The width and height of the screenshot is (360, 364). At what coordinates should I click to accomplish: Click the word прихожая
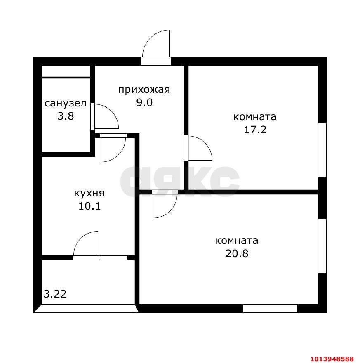144,90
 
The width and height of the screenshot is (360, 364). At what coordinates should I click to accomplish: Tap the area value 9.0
144,103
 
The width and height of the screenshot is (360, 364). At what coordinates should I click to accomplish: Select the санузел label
66,104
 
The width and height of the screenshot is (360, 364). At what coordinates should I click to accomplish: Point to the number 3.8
66,116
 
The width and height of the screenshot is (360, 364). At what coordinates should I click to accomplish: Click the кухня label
89,193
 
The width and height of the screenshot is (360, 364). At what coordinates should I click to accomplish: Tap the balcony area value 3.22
55,294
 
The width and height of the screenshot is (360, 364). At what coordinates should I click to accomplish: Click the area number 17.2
255,130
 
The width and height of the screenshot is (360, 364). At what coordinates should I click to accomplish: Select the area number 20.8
237,253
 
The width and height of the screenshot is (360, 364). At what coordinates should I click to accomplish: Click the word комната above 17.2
255,117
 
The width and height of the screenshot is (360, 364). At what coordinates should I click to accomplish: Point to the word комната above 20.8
237,241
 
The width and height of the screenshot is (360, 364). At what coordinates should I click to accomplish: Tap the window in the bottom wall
270,308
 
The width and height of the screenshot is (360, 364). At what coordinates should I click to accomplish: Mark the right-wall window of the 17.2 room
322,150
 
